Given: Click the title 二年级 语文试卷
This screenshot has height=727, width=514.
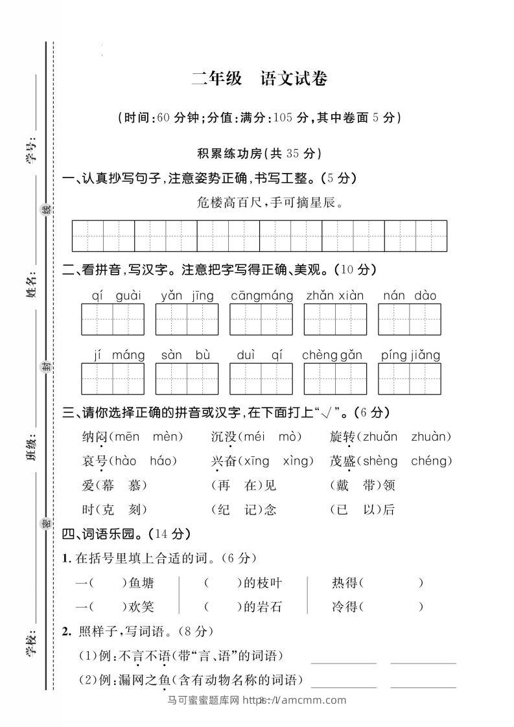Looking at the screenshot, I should point(259,79).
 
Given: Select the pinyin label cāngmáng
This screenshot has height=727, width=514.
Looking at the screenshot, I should point(262,296).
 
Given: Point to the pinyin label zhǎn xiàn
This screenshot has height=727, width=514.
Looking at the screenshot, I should point(335,296).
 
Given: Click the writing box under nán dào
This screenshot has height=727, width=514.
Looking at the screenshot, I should point(410,319).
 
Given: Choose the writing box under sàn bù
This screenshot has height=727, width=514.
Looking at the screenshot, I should point(187,378).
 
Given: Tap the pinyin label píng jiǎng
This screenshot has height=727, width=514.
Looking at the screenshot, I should point(410,355).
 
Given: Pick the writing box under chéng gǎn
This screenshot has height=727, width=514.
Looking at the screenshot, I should point(335,378).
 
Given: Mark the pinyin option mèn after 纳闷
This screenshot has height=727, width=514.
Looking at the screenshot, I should point(167,437).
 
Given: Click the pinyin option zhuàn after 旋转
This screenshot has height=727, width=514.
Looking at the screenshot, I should point(431,437).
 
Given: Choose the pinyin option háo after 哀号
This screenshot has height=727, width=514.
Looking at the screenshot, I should point(163,461).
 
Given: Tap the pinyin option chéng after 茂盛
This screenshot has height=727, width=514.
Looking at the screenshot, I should point(431,461).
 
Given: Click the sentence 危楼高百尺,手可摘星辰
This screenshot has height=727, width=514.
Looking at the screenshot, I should point(269,202).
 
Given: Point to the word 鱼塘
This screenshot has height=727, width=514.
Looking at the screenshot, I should point(141,583).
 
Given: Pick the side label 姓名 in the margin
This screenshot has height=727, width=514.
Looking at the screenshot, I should point(30,288).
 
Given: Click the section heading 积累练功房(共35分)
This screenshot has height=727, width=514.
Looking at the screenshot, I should point(259,154).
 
